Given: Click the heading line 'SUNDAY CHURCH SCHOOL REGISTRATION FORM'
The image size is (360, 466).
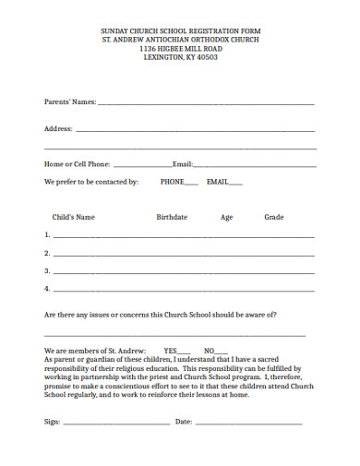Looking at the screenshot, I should coord(180,31).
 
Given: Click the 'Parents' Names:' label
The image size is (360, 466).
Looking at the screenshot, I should coord(70,102).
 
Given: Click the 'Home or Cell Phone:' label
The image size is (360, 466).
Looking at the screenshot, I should coord(78,164).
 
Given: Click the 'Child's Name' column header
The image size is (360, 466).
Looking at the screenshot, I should coord(74,218).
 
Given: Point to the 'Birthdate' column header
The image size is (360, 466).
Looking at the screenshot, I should coord(172,218).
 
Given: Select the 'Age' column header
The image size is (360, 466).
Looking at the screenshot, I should coord(226,218).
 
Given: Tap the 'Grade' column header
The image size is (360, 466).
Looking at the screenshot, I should coord(274,218).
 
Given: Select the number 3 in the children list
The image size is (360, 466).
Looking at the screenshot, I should coord(46,270).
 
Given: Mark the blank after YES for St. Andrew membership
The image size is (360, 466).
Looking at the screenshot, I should coord(185,352).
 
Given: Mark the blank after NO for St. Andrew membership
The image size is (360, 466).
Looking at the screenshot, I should coord(222,352).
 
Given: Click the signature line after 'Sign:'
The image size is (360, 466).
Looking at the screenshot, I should coord(116,424).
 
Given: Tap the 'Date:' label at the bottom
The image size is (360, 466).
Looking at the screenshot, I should coord(183,422).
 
